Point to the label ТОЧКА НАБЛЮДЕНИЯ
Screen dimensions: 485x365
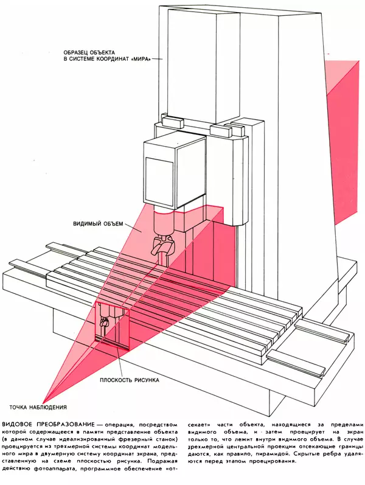tap(37, 406)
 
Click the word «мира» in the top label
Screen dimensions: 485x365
tap(142, 58)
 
